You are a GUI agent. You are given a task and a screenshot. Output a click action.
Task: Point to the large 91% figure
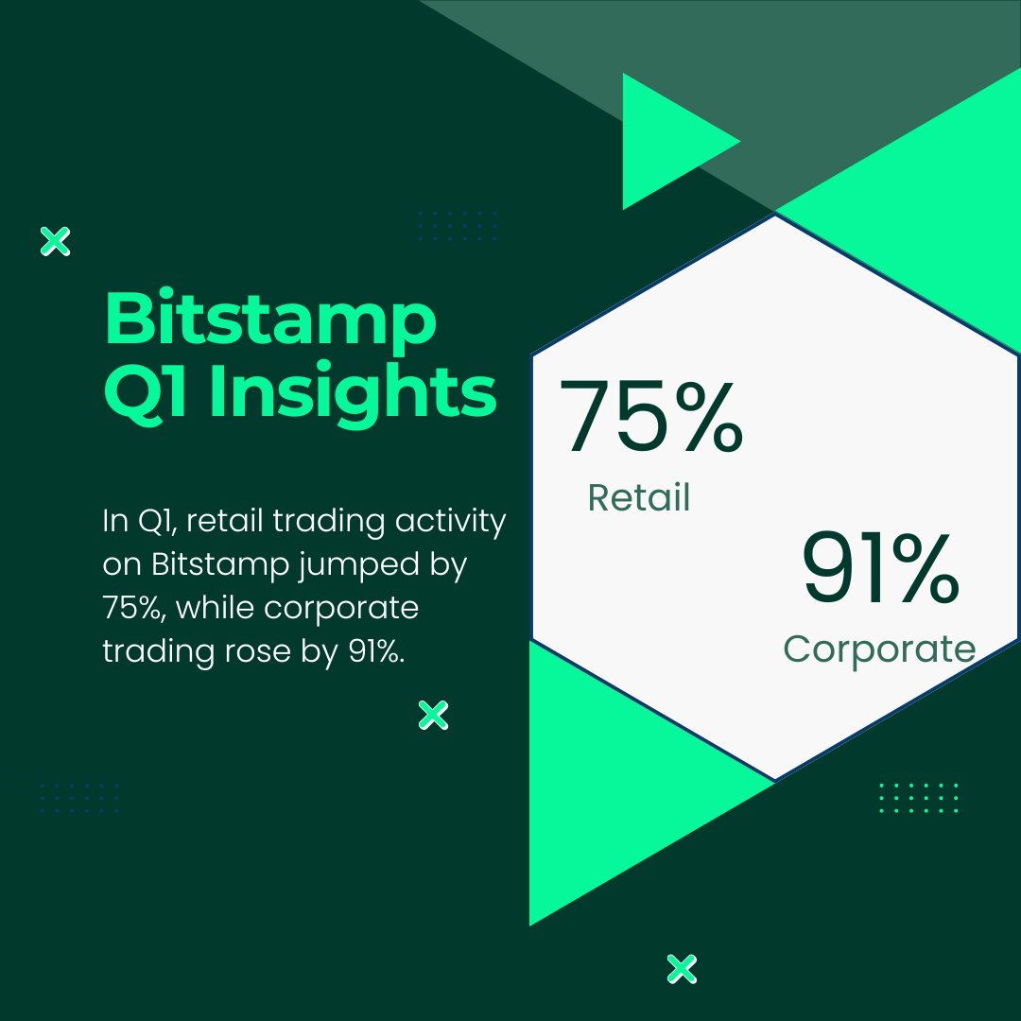coord(881,570)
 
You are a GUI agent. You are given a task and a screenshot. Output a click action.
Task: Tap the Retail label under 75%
coord(639,497)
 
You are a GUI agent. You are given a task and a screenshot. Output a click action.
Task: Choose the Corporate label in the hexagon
coord(879,649)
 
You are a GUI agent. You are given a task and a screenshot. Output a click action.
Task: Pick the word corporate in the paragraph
coord(341,607)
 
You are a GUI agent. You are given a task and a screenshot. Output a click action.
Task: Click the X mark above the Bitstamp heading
coord(56,242)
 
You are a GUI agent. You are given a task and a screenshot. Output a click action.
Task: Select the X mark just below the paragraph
coord(433,716)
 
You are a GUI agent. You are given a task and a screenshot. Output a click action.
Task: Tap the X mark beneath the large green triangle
coord(681,968)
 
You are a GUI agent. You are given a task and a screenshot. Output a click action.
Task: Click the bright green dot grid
coord(918,798)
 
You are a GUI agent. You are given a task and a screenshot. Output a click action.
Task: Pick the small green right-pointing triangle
coord(671,142)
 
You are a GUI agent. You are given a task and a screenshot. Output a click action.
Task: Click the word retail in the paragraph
coord(219,522)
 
